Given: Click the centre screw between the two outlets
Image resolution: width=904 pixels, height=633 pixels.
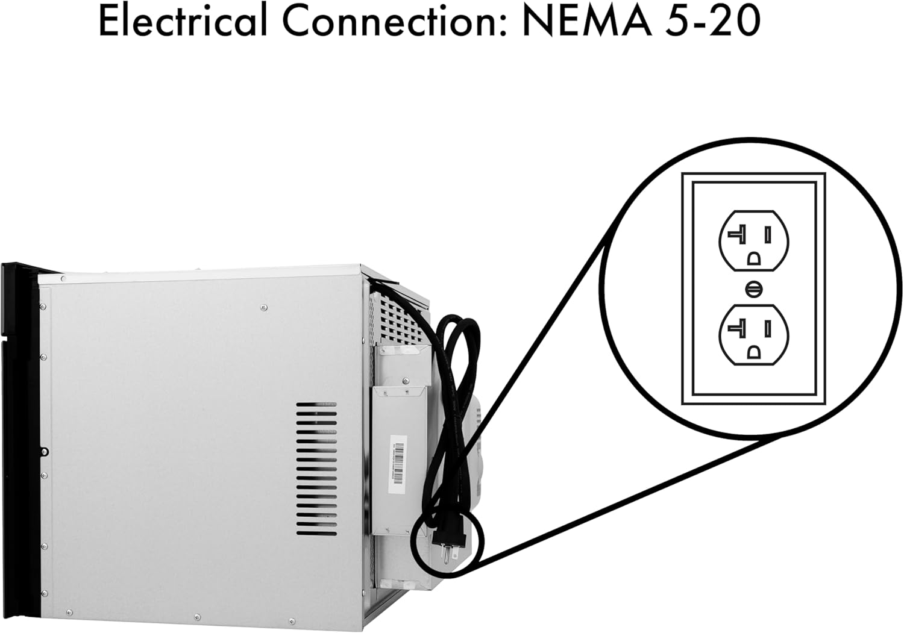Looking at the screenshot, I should (x=753, y=289).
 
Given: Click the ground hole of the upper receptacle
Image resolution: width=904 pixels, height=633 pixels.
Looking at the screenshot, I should (x=753, y=258).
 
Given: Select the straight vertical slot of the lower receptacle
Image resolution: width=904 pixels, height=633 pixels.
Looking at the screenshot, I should (x=768, y=328).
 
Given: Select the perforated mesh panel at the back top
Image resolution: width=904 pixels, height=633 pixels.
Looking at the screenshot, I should (x=398, y=319).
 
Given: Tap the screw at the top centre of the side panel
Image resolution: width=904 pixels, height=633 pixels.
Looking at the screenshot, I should (x=263, y=308).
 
